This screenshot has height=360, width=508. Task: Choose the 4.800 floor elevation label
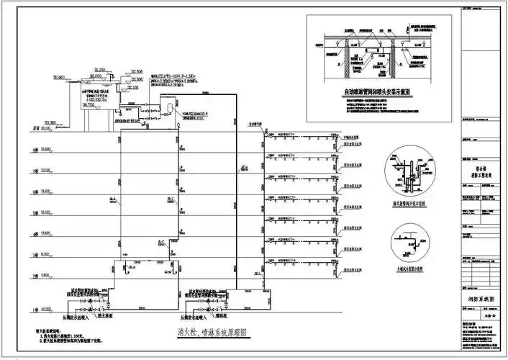point(46,274)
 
